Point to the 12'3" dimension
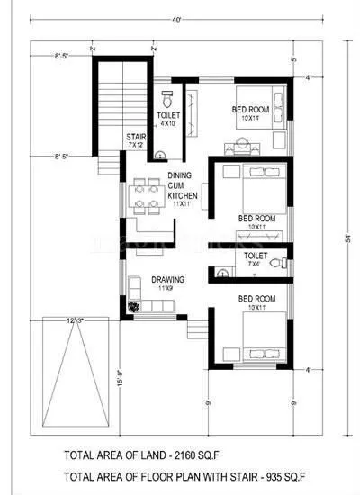tap(76, 319)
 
